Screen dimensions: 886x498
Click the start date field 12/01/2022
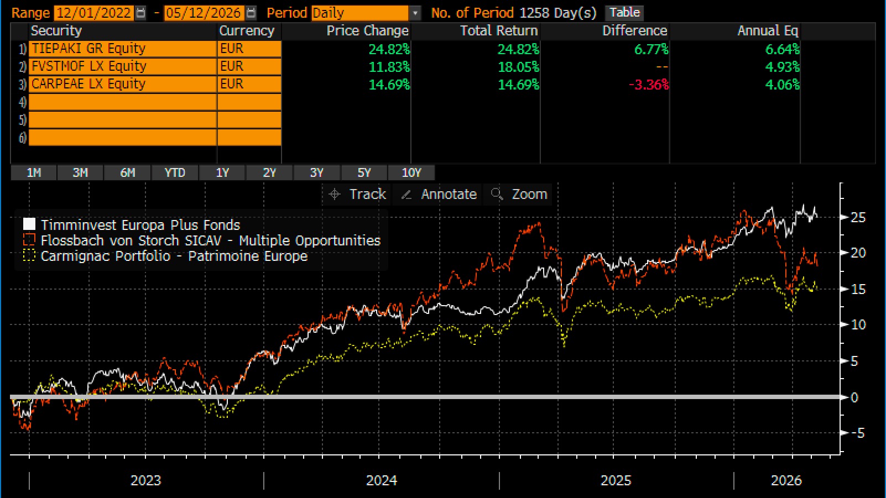point(93,13)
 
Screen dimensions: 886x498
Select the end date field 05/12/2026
point(204,13)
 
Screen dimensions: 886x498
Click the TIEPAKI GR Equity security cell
point(123,49)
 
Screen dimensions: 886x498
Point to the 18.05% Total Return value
point(518,67)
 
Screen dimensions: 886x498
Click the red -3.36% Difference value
point(649,85)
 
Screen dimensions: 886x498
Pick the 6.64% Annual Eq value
point(783,49)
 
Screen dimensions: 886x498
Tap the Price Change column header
point(367,31)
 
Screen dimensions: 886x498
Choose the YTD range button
point(175,172)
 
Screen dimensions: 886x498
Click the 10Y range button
point(411,172)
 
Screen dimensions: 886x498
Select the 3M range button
point(80,172)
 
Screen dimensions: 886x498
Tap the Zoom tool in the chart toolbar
point(519,195)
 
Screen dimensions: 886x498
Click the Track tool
point(357,195)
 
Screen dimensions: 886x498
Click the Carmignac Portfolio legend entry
point(165,256)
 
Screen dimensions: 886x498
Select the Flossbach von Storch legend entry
point(202,240)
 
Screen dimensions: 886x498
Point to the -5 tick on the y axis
point(858,433)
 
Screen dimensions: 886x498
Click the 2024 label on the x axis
point(381,481)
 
